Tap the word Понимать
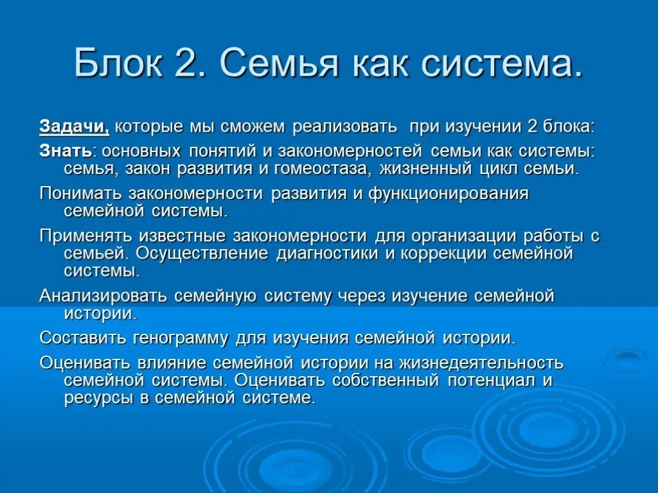tap(82, 194)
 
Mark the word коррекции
tap(448, 253)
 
